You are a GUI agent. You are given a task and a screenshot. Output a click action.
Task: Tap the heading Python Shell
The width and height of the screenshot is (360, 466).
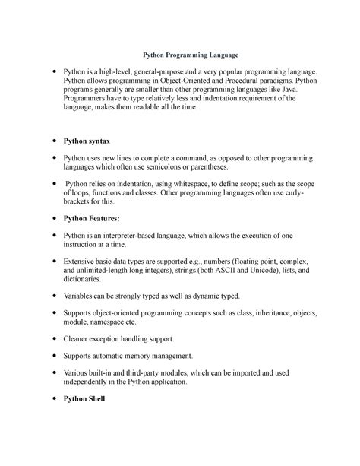coord(85,399)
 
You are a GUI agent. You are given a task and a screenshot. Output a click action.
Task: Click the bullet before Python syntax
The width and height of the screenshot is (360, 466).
coord(52,142)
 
